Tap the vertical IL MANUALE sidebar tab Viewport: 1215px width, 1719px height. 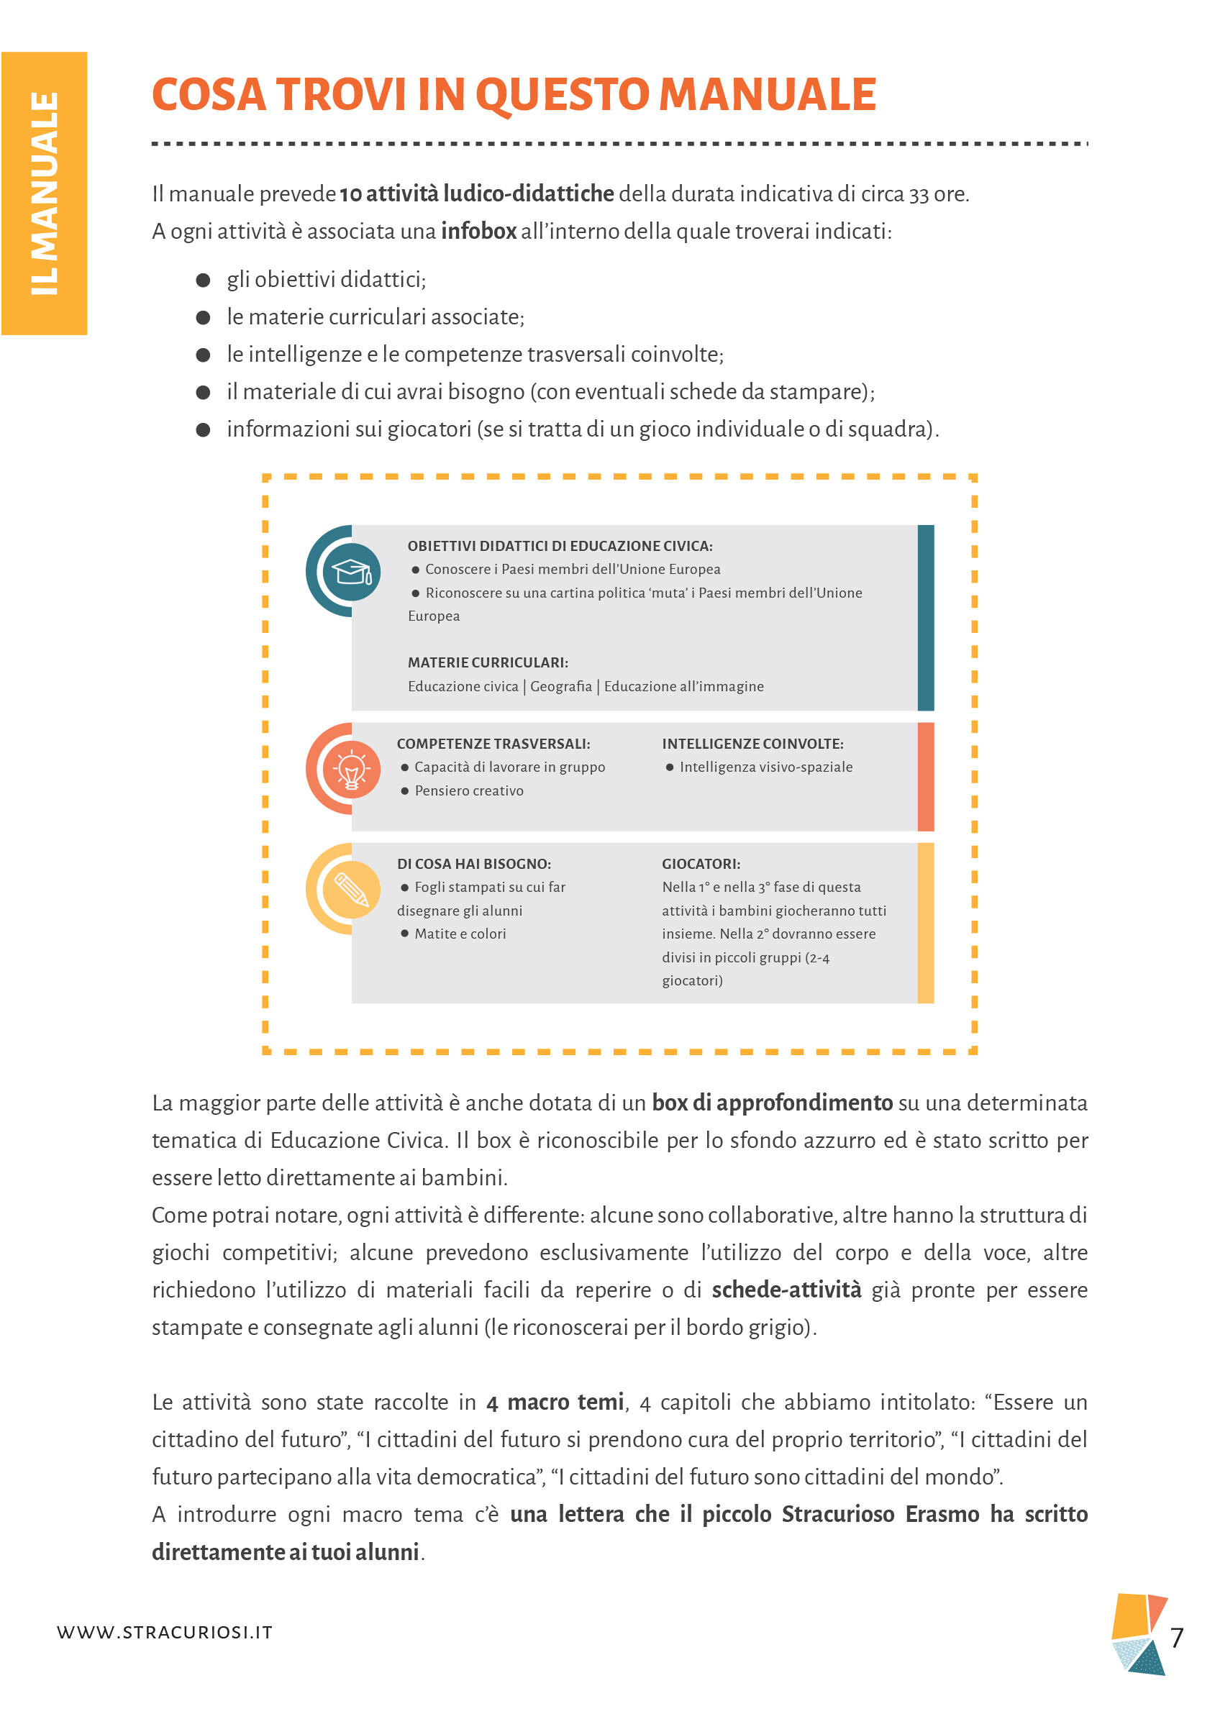[44, 193]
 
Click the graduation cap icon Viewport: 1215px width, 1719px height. [351, 572]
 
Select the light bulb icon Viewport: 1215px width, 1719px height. [351, 769]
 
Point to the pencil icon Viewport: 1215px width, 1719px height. [351, 889]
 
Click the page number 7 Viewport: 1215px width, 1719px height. [1176, 1638]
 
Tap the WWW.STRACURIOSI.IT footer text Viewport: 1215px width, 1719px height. [165, 1632]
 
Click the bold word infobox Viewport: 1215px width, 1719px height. [478, 231]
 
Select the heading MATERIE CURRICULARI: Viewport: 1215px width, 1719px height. [487, 662]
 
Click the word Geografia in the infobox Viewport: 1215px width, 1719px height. [560, 687]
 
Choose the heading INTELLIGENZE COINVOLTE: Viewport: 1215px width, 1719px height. [752, 744]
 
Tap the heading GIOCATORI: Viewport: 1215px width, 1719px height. [701, 863]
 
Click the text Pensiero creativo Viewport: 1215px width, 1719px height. [468, 790]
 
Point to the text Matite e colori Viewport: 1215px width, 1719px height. [460, 934]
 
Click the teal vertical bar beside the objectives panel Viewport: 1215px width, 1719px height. [925, 617]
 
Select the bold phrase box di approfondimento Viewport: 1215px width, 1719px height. [772, 1103]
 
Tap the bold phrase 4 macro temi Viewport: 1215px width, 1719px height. [555, 1402]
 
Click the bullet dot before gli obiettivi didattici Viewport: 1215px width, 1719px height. [203, 280]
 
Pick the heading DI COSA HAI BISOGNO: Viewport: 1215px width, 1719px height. [474, 863]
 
